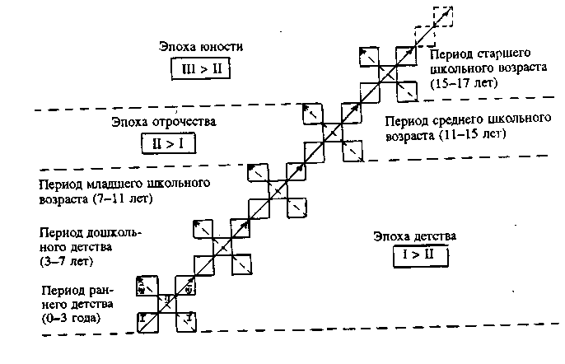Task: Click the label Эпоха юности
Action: click(x=194, y=47)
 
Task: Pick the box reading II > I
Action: click(x=163, y=144)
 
